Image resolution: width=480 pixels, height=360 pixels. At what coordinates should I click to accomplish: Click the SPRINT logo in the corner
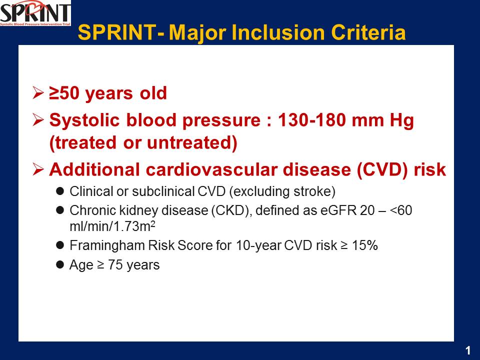[x=35, y=13]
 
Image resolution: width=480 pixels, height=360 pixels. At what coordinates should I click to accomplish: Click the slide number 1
[x=468, y=350]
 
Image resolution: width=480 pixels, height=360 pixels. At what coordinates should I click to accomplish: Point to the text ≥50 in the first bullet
[x=64, y=93]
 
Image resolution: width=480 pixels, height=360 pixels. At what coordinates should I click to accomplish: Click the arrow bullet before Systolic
[x=38, y=119]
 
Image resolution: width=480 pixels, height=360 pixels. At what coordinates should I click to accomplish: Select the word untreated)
[x=192, y=143]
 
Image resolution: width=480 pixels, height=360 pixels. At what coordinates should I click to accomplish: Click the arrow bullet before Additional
[x=38, y=169]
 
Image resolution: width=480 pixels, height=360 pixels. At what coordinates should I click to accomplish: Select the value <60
[x=401, y=210]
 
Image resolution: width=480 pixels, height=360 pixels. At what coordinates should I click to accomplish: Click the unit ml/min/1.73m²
[x=112, y=226]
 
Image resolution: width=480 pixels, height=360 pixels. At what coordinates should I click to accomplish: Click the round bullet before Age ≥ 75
[x=60, y=265]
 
